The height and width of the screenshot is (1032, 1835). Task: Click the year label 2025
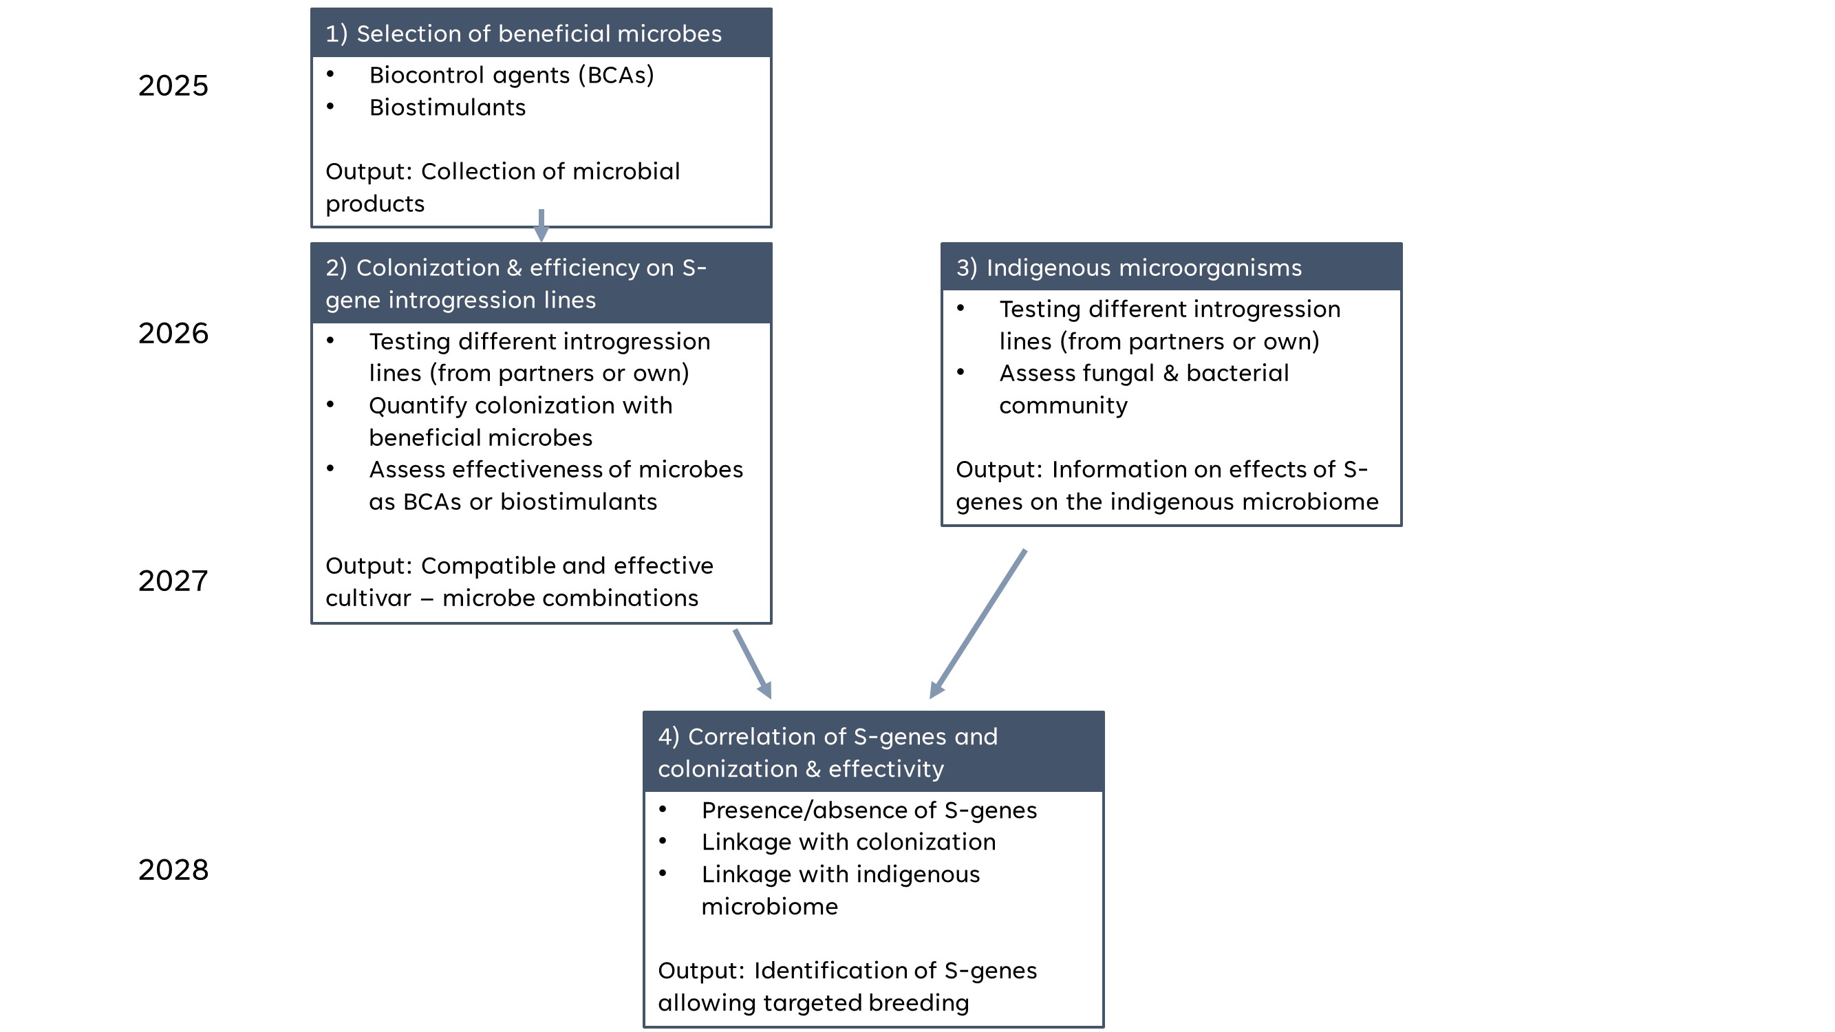pos(173,85)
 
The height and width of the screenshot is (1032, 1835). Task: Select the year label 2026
pos(173,333)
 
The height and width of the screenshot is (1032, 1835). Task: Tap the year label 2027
pos(173,581)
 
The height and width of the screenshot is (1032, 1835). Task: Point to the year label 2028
pos(173,870)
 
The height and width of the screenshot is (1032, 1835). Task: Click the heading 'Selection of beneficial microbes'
pos(539,34)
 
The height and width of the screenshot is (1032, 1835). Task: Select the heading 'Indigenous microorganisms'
pos(1144,268)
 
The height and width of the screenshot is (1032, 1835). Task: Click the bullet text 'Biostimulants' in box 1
pos(447,107)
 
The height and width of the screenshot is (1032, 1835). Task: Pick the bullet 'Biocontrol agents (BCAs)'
pos(511,76)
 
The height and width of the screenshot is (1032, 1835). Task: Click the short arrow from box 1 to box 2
pos(541,226)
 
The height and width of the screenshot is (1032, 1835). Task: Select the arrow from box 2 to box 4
pos(753,664)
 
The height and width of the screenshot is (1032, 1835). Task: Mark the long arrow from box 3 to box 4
pos(977,624)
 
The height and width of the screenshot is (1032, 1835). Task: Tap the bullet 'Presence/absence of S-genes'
pos(869,810)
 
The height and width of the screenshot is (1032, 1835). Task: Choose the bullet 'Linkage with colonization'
pos(848,843)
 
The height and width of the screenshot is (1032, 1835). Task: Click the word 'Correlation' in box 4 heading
pos(766,736)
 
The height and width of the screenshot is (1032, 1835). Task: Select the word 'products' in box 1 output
pos(375,204)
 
